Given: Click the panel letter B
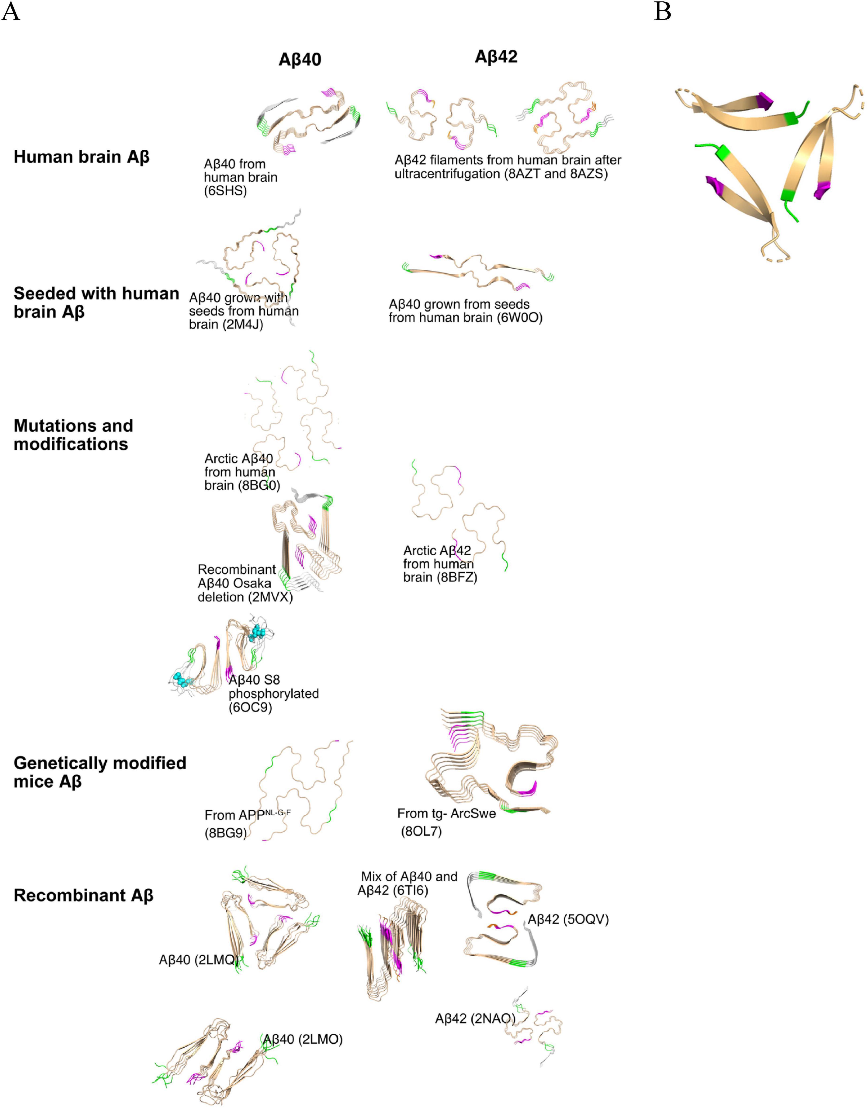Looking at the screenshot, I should (x=663, y=11).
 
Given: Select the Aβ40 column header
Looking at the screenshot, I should (x=300, y=60).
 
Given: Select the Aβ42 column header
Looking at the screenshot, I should (x=496, y=57).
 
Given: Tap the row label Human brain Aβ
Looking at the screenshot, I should (x=81, y=156).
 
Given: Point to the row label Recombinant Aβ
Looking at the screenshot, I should (x=83, y=895).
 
